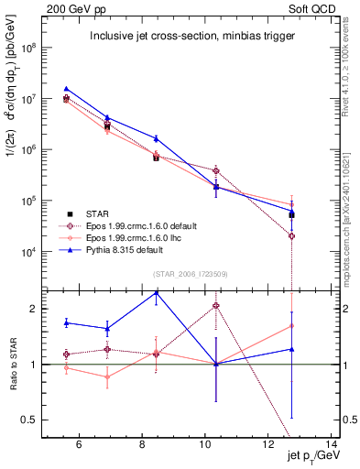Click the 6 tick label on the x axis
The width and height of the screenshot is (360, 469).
[x=79, y=445]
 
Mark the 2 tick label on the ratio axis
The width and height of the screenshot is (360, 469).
[x=35, y=309]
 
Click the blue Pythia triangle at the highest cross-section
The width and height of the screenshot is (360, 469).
[x=66, y=89]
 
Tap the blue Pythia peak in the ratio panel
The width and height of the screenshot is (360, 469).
[x=157, y=293]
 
